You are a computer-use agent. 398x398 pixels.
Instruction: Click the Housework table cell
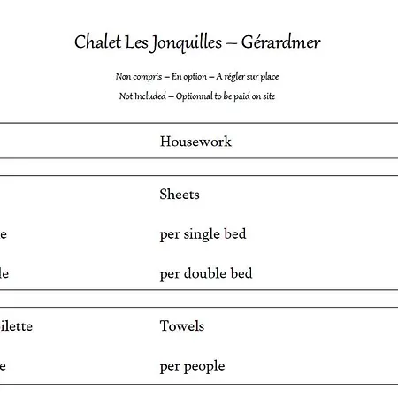(x=195, y=142)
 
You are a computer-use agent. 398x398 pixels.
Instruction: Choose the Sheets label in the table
(x=180, y=195)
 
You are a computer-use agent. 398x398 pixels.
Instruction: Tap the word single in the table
(x=203, y=234)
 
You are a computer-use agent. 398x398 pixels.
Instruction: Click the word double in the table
(x=204, y=273)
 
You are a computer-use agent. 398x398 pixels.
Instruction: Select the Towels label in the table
(x=181, y=326)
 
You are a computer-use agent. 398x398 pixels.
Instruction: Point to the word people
(x=204, y=366)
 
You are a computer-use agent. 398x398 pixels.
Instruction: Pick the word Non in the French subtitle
(x=124, y=77)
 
